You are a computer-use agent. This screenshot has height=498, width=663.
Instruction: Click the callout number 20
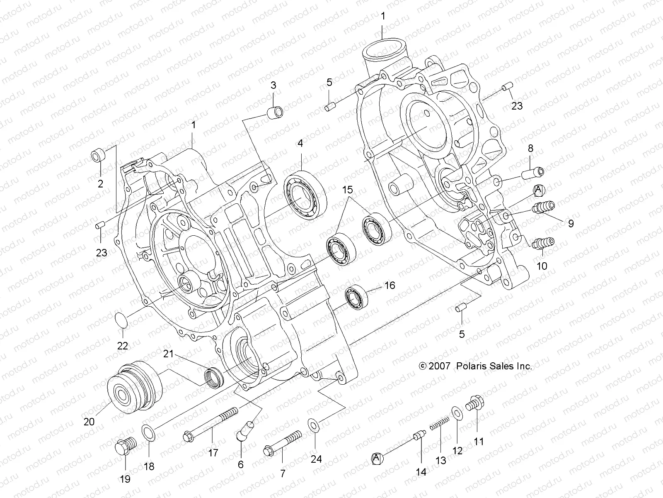(x=89, y=422)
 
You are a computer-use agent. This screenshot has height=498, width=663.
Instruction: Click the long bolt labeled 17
(x=210, y=425)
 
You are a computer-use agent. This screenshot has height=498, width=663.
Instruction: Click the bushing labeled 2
(x=98, y=156)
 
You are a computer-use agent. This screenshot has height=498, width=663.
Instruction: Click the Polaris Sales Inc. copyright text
(x=476, y=366)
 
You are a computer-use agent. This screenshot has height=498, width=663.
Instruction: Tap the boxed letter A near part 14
(x=377, y=458)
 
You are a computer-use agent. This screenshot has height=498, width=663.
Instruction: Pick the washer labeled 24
(x=314, y=425)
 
